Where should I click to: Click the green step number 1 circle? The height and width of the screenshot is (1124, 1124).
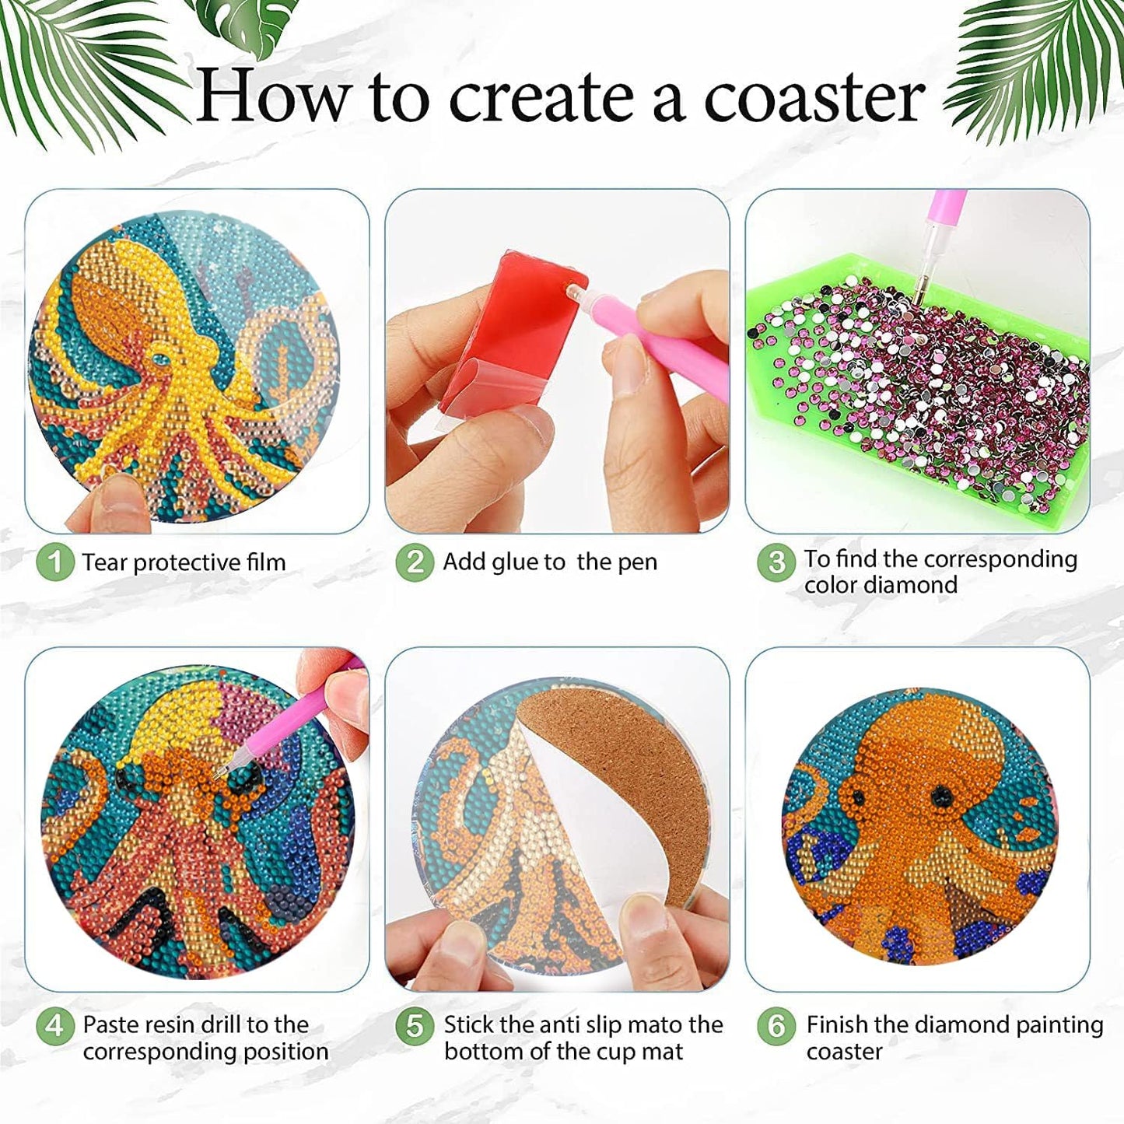54,562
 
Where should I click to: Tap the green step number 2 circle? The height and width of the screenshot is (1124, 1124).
415,562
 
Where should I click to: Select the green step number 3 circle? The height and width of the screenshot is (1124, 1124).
776,562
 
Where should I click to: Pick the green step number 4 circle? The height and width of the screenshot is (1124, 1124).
54,1026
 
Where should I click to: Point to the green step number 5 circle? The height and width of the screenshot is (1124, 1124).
415,1026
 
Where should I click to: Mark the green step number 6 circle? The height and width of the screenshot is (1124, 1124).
776,1026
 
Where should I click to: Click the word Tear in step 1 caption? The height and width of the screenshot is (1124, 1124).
105,562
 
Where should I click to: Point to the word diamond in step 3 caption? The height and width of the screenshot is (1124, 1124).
917,585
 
